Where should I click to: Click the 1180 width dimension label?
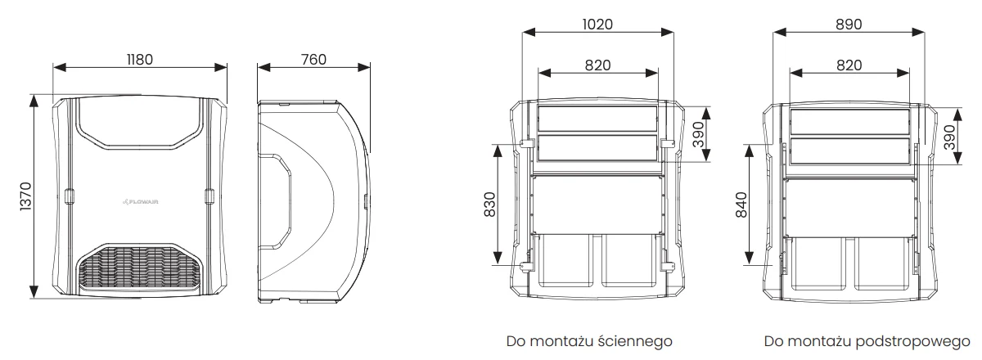[140, 60]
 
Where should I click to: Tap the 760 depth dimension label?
[313, 60]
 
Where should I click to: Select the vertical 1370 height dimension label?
[26, 196]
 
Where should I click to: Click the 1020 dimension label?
[597, 24]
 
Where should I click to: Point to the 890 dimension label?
[849, 24]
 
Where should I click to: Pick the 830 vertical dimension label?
[489, 205]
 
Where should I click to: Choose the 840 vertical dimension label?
[741, 205]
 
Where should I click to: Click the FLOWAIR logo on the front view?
[140, 202]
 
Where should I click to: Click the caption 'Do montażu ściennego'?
[589, 341]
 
